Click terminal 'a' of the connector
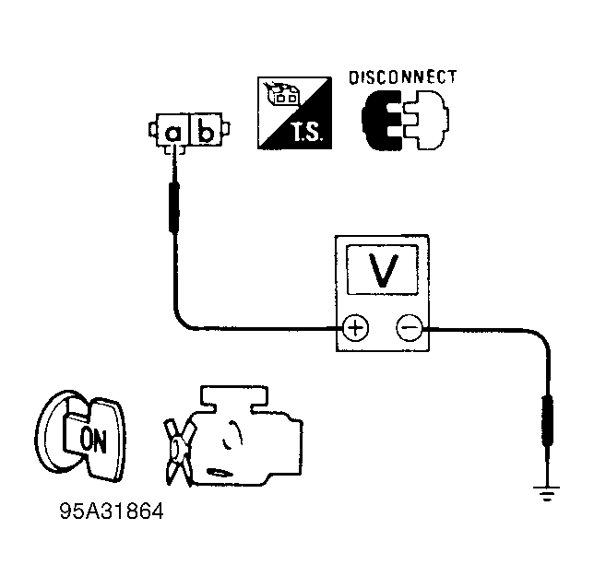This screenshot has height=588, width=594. click(172, 130)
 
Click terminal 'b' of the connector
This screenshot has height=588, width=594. click(206, 130)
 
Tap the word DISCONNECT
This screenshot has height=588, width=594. click(403, 77)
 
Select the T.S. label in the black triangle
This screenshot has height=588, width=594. click(307, 132)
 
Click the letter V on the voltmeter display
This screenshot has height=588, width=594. click(384, 270)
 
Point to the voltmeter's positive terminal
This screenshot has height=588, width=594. click(355, 327)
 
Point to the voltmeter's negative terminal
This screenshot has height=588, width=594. click(410, 327)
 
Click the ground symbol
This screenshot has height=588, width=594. click(546, 493)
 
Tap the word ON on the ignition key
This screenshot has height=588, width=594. click(93, 440)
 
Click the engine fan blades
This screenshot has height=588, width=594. click(179, 452)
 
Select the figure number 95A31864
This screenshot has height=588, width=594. click(112, 512)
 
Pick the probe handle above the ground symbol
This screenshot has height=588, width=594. click(547, 420)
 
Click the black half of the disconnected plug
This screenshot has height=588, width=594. click(381, 121)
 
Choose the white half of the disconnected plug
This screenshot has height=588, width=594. click(426, 121)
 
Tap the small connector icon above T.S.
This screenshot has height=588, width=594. click(283, 93)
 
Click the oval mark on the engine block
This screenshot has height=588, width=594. click(219, 473)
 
